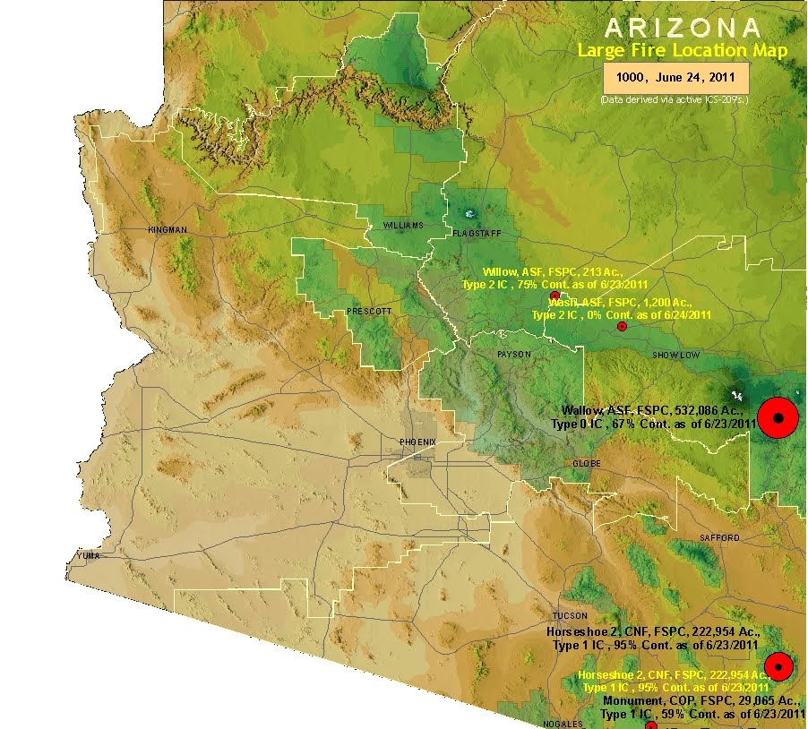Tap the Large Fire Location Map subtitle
(682, 50)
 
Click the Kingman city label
(168, 230)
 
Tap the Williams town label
(402, 225)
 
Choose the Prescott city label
(368, 311)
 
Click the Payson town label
(514, 355)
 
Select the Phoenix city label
(417, 442)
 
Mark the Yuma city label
(89, 555)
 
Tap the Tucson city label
(570, 616)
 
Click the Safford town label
(720, 537)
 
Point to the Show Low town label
(676, 356)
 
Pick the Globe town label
(587, 463)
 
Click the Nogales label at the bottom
(563, 724)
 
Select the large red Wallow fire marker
(778, 417)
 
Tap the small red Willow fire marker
(554, 295)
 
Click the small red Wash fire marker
(622, 326)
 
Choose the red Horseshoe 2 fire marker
(779, 666)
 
